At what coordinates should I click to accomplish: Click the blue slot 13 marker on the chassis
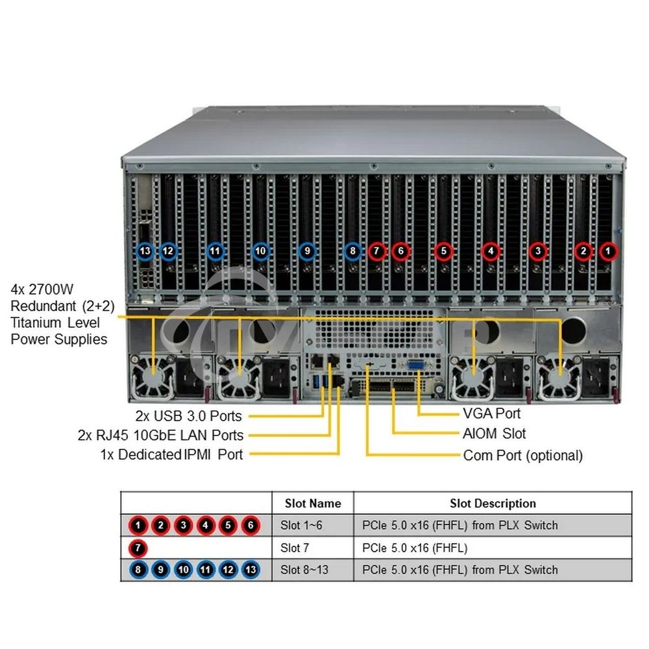pos(145,250)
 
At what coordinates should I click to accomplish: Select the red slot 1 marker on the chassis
pos(608,250)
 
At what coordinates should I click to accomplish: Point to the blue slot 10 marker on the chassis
pos(261,250)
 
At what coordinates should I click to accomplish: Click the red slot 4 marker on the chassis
pos(491,250)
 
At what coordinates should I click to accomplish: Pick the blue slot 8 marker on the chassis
pos(352,250)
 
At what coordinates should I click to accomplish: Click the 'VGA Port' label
pos(491,413)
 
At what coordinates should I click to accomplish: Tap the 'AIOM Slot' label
pos(494,434)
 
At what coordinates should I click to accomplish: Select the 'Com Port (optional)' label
pos(522,455)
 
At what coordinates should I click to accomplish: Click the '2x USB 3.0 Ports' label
pos(188,415)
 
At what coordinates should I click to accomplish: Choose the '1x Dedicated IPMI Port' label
pos(171,454)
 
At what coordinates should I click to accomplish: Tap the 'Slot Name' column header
pos(312,503)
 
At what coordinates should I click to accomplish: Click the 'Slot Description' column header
pos(493,503)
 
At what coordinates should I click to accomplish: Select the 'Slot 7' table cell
pos(295,548)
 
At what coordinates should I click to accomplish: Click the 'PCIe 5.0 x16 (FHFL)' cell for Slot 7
pos(414,548)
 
